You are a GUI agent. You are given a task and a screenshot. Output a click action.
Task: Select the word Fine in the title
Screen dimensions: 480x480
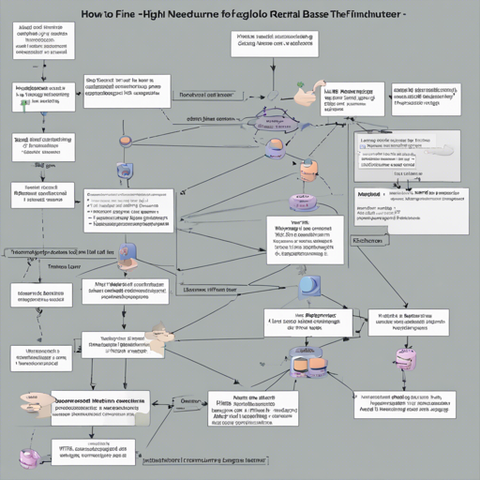coord(134,16)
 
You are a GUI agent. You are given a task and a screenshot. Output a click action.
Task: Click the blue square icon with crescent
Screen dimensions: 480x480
coord(307,287)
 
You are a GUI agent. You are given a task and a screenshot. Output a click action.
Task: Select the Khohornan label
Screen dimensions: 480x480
coord(367,240)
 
